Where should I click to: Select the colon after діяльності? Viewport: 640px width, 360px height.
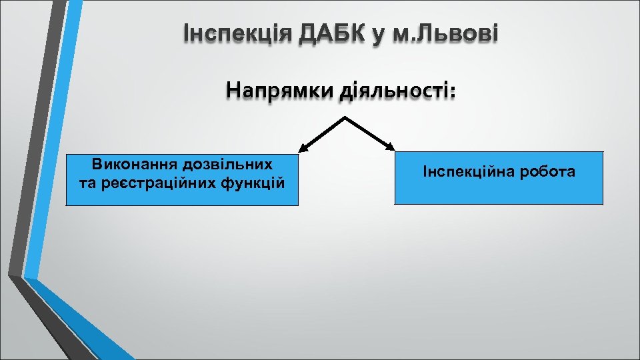click(x=454, y=92)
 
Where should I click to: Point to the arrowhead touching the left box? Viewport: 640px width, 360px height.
click(x=304, y=147)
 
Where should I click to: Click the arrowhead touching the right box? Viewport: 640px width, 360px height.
click(x=389, y=147)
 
